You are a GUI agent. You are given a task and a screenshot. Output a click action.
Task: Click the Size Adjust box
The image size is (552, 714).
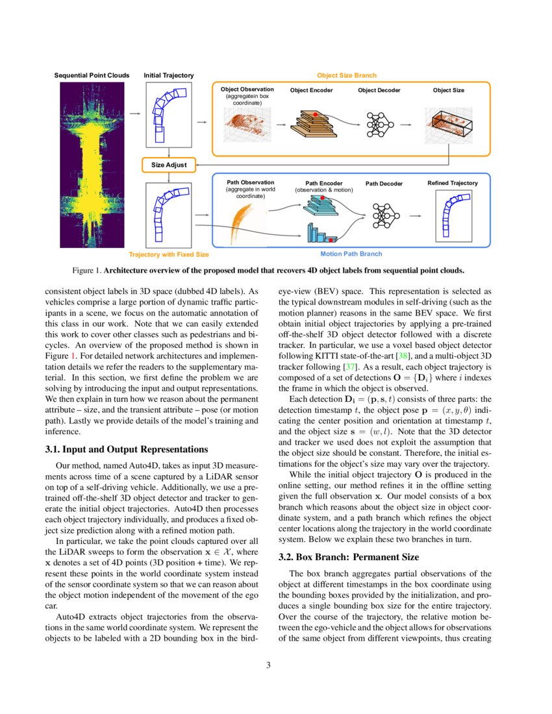169,165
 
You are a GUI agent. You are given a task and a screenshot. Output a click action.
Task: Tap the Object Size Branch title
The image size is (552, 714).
346,76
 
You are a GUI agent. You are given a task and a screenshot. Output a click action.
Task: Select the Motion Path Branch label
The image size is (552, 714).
351,254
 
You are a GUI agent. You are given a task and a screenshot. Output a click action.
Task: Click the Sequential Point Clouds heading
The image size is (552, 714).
92,76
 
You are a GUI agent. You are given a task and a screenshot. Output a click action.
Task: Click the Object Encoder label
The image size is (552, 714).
311,90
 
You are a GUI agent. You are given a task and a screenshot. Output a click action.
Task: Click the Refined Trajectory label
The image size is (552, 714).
452,183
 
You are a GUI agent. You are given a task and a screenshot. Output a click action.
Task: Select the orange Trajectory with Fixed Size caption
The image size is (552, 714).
169,254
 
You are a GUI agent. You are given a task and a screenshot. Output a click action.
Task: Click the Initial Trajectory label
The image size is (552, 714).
169,76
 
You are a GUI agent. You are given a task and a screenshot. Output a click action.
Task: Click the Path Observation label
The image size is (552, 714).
250,182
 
